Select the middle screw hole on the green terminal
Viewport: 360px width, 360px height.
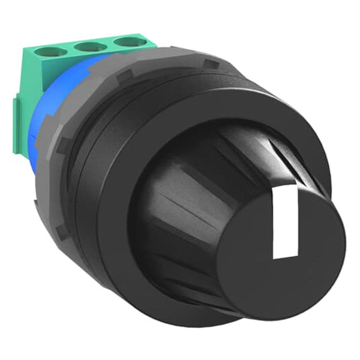pos(89,46)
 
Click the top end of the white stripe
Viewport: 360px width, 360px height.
pos(287,191)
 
